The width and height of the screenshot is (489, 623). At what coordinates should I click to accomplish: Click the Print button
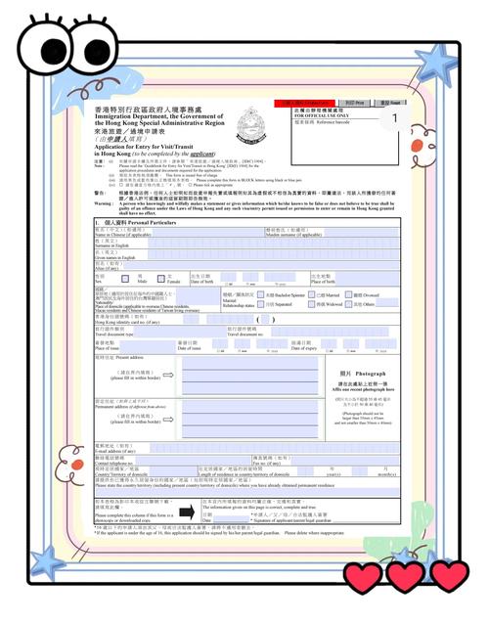pos(354,102)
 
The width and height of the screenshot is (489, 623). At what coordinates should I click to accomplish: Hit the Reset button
pos(384,102)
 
